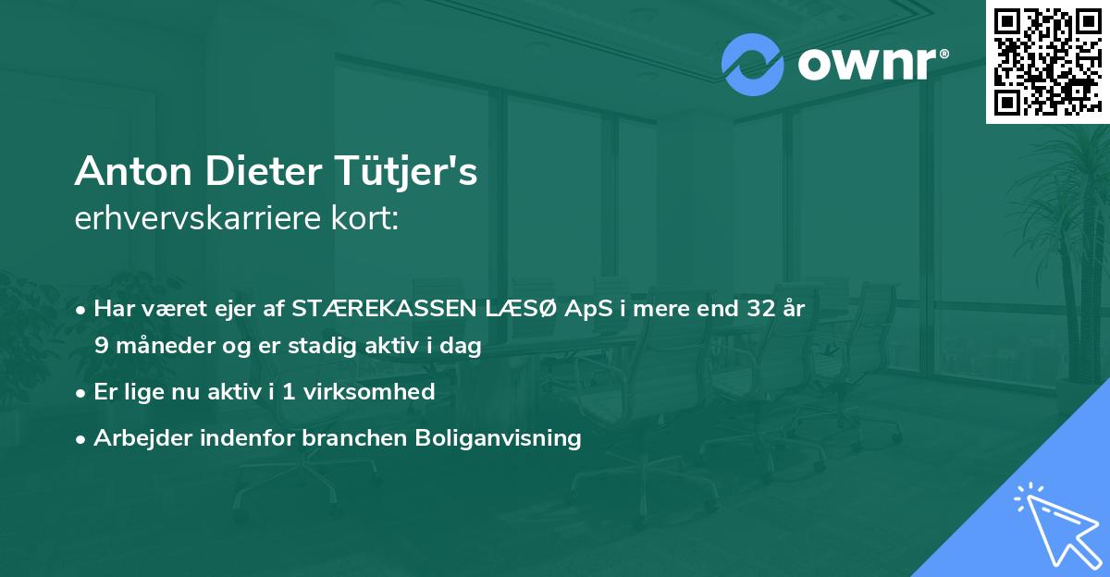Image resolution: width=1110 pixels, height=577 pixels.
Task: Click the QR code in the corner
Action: pyautogui.click(x=1047, y=61)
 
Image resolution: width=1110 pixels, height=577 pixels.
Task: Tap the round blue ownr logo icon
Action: pyautogui.click(x=753, y=65)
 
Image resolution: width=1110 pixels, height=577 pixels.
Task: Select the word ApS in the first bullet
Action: pyautogui.click(x=576, y=309)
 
